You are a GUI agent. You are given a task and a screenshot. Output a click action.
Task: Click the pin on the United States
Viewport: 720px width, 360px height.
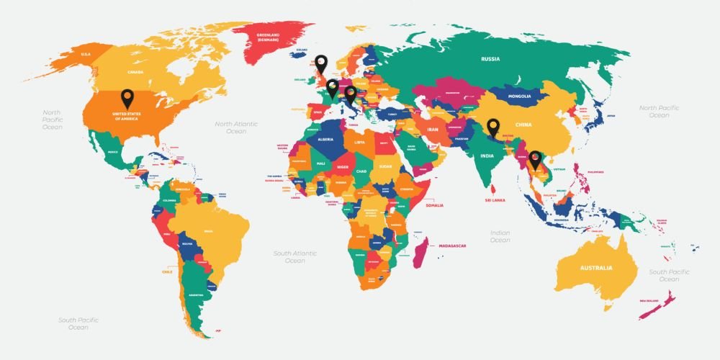(127, 98)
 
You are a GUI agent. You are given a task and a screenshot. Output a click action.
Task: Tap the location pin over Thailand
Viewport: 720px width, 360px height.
(535, 158)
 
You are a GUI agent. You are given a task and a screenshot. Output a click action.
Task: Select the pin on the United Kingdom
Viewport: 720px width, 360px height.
(321, 63)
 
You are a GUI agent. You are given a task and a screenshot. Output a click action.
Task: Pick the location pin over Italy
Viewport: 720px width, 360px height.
(350, 94)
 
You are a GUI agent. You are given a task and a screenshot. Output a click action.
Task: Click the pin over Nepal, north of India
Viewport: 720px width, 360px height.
(492, 127)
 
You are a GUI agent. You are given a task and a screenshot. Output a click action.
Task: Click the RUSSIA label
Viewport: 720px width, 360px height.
(490, 59)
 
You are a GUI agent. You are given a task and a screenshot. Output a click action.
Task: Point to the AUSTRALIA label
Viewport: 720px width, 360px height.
(596, 268)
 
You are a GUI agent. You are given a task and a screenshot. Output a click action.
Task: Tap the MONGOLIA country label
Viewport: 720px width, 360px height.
(519, 96)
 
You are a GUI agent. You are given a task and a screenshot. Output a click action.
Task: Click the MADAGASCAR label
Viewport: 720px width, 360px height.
(453, 246)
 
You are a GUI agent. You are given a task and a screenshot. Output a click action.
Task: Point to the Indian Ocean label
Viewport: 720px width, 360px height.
(500, 237)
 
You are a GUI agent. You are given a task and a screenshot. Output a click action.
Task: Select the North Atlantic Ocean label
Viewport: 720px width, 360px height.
(236, 127)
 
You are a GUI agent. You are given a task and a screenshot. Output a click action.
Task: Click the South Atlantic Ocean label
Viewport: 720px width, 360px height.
(294, 257)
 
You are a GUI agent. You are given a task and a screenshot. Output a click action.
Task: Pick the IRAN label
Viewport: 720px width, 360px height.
(433, 130)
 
